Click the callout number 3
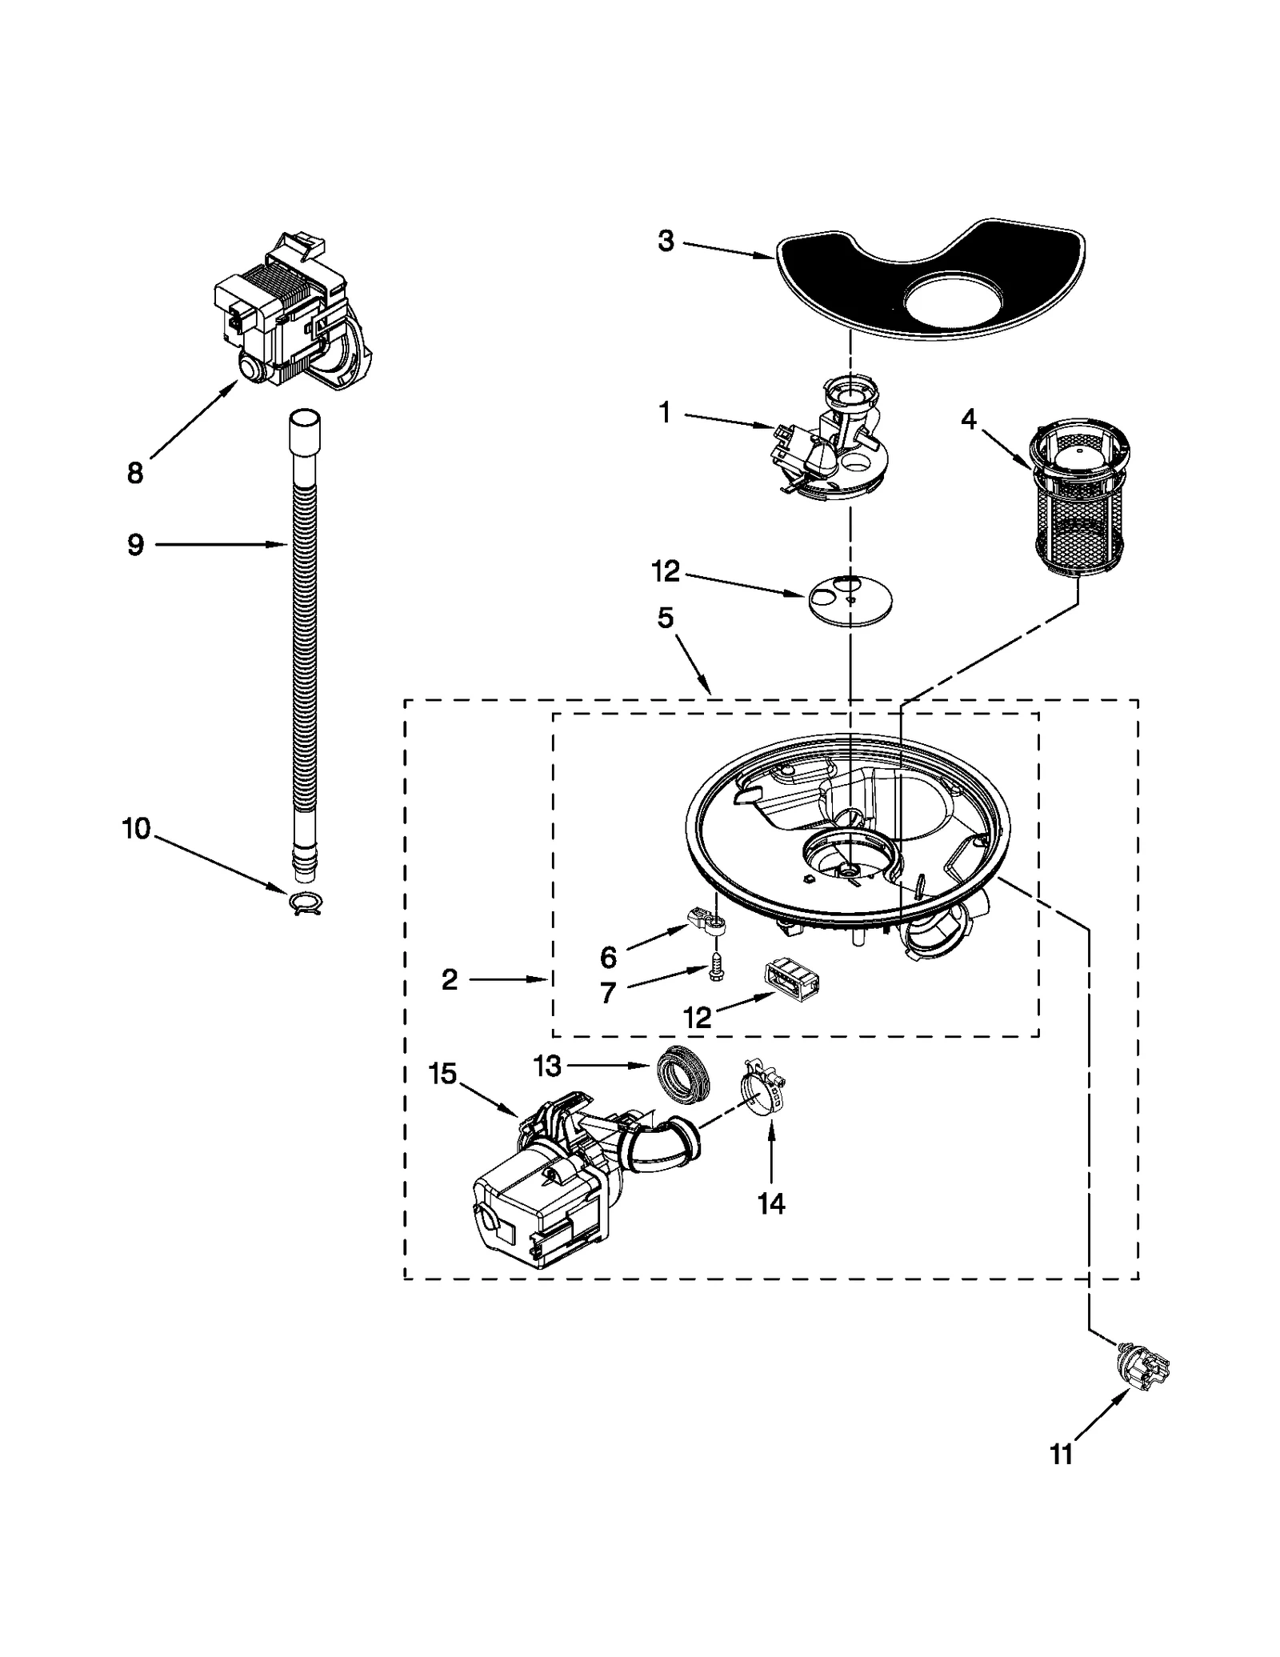coord(666,241)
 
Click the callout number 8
coord(135,474)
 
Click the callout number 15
coord(442,1073)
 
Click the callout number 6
coord(609,957)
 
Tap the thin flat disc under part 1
coord(850,598)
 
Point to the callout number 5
coord(666,618)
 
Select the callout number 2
coord(450,979)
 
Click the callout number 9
coord(135,545)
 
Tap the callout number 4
coord(969,418)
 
